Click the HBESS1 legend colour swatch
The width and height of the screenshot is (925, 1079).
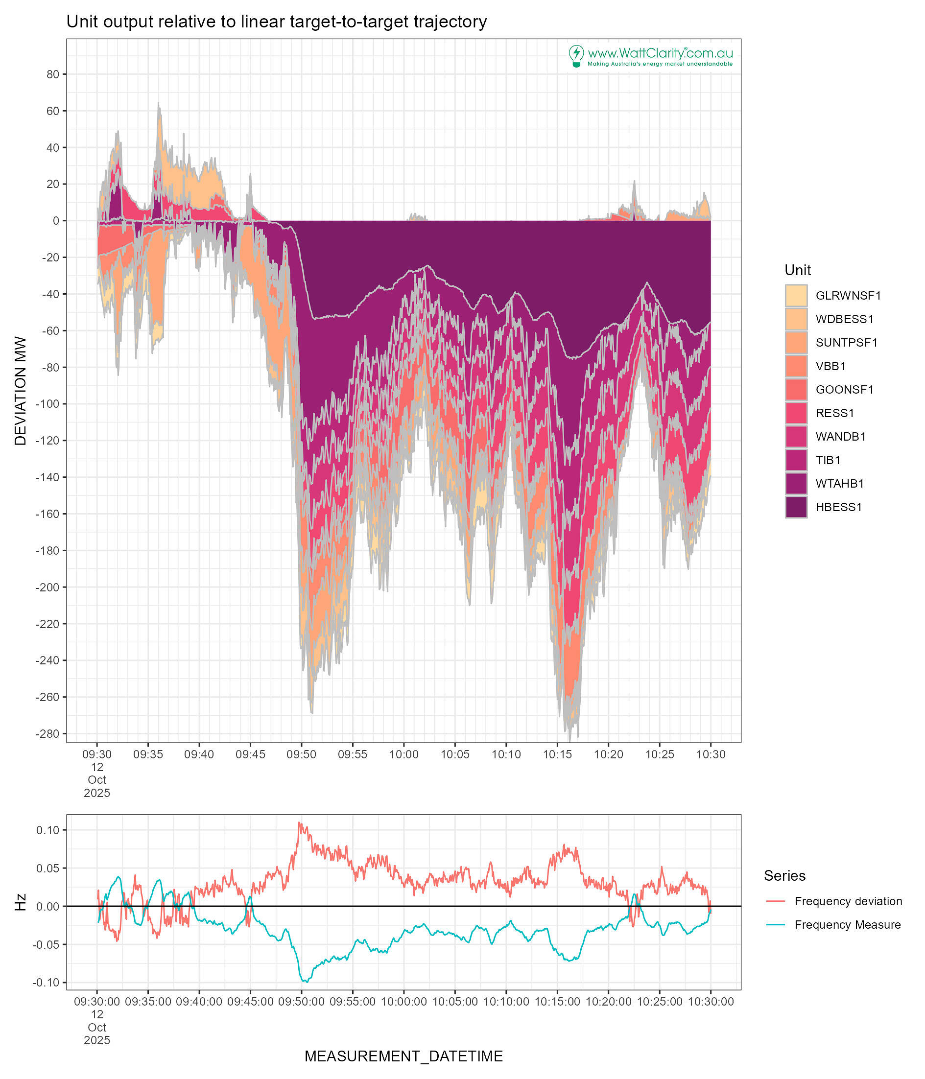coord(795,507)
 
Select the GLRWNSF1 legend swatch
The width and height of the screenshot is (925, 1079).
coord(795,295)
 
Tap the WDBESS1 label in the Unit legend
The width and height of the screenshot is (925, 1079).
coord(844,319)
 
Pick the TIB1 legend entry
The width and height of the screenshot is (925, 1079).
coord(828,460)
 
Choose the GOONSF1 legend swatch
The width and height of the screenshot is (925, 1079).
coord(795,390)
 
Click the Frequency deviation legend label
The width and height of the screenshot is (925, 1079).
coord(848,901)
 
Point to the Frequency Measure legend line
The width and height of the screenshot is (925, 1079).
coord(776,924)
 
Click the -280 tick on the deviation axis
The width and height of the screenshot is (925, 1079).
coord(47,734)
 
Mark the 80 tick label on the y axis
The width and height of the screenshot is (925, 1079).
coord(52,74)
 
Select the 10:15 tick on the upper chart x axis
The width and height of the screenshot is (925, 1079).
coord(557,754)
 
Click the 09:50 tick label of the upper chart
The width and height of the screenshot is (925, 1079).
coord(301,754)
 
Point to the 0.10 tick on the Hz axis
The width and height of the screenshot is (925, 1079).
coord(48,830)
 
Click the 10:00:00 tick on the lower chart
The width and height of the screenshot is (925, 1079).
coord(403,1002)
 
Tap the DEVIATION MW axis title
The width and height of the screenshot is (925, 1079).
coord(20,391)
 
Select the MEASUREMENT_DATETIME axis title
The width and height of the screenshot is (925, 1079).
coord(403,1056)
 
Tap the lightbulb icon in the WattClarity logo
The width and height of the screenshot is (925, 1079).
coord(575,55)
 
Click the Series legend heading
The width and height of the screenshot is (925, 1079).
coord(784,875)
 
